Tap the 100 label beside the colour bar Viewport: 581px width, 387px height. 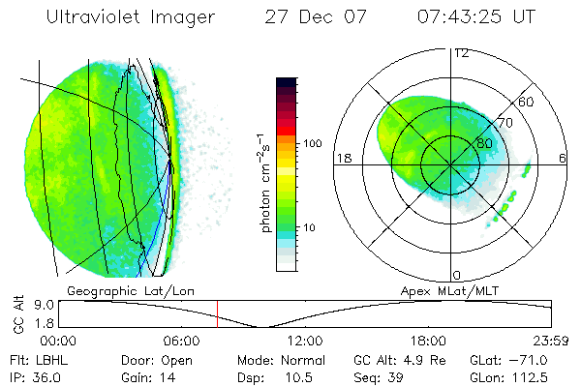pyautogui.click(x=313, y=143)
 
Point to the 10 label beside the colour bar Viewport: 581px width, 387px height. pyautogui.click(x=309, y=227)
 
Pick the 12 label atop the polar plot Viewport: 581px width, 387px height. pyautogui.click(x=462, y=52)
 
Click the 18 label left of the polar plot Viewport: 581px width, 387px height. pyautogui.click(x=343, y=158)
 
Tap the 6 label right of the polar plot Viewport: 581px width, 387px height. pyautogui.click(x=563, y=158)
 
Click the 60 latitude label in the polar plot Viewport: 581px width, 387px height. pyautogui.click(x=527, y=102)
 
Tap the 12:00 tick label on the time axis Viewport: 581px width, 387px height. pyautogui.click(x=305, y=341)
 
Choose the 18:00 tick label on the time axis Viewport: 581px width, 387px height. pyautogui.click(x=428, y=341)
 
